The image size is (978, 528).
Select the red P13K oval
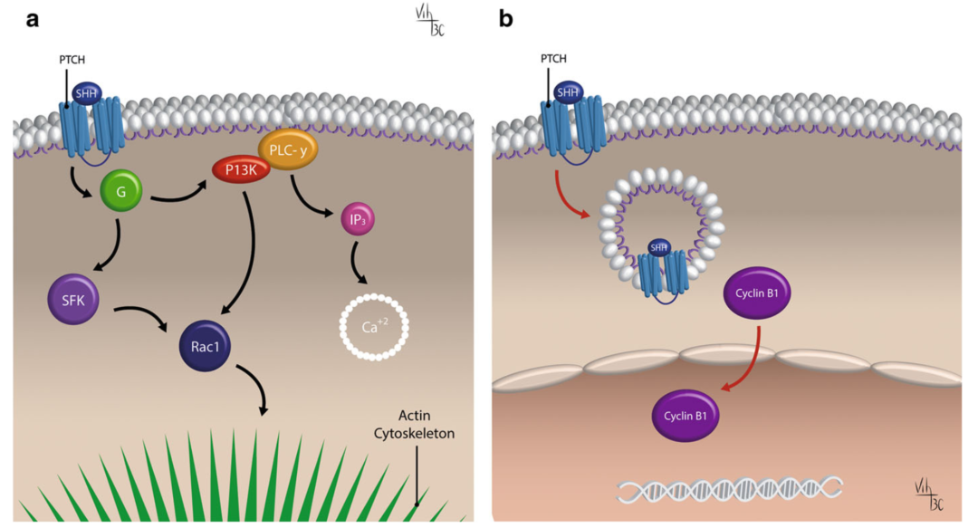[240, 169]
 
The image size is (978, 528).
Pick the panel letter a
[32, 18]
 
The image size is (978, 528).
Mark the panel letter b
[505, 18]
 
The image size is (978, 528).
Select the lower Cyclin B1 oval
[686, 417]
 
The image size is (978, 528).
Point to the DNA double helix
[730, 489]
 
